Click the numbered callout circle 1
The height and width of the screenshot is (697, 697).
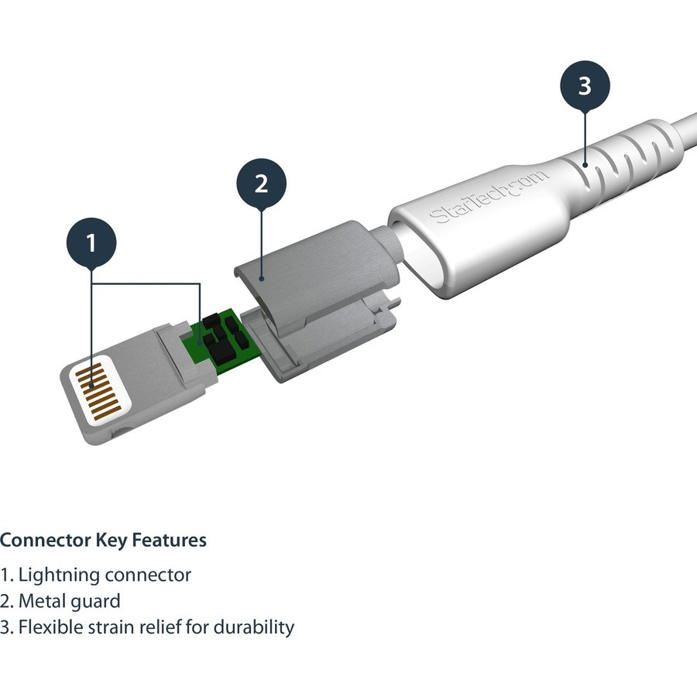tap(91, 243)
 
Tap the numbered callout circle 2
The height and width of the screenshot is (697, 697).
tap(261, 184)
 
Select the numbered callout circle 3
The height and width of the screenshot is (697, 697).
tap(585, 85)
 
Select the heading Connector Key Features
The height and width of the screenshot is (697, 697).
tap(103, 540)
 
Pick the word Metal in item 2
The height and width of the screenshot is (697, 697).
tap(45, 601)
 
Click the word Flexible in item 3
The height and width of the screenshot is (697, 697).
tap(51, 627)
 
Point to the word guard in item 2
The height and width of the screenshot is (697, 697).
tap(98, 601)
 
